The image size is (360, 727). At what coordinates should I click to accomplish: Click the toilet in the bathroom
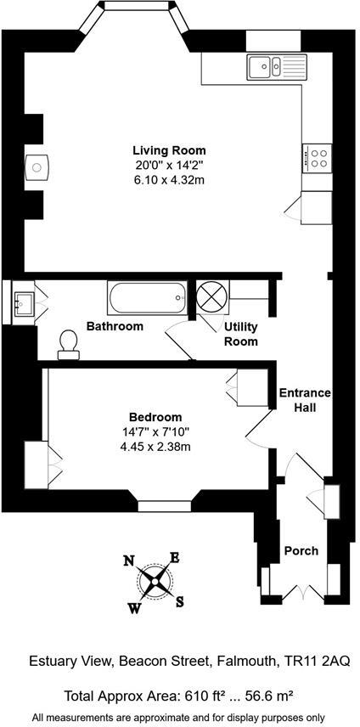click(x=69, y=342)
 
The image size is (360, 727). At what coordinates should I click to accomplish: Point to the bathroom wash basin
click(x=22, y=301)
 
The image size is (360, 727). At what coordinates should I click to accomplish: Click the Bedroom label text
click(x=155, y=417)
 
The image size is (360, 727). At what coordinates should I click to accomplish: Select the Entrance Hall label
click(x=307, y=400)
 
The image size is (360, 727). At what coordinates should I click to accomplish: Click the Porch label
click(x=301, y=550)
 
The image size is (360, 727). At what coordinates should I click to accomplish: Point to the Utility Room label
click(x=240, y=334)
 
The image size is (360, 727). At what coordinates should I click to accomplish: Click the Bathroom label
click(x=115, y=326)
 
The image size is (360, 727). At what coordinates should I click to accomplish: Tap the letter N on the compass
click(x=129, y=560)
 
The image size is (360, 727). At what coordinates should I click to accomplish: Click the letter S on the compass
click(x=180, y=602)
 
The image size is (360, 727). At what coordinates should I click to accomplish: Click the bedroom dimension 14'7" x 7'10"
click(x=155, y=431)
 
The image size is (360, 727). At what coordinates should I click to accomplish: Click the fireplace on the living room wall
click(x=37, y=167)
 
